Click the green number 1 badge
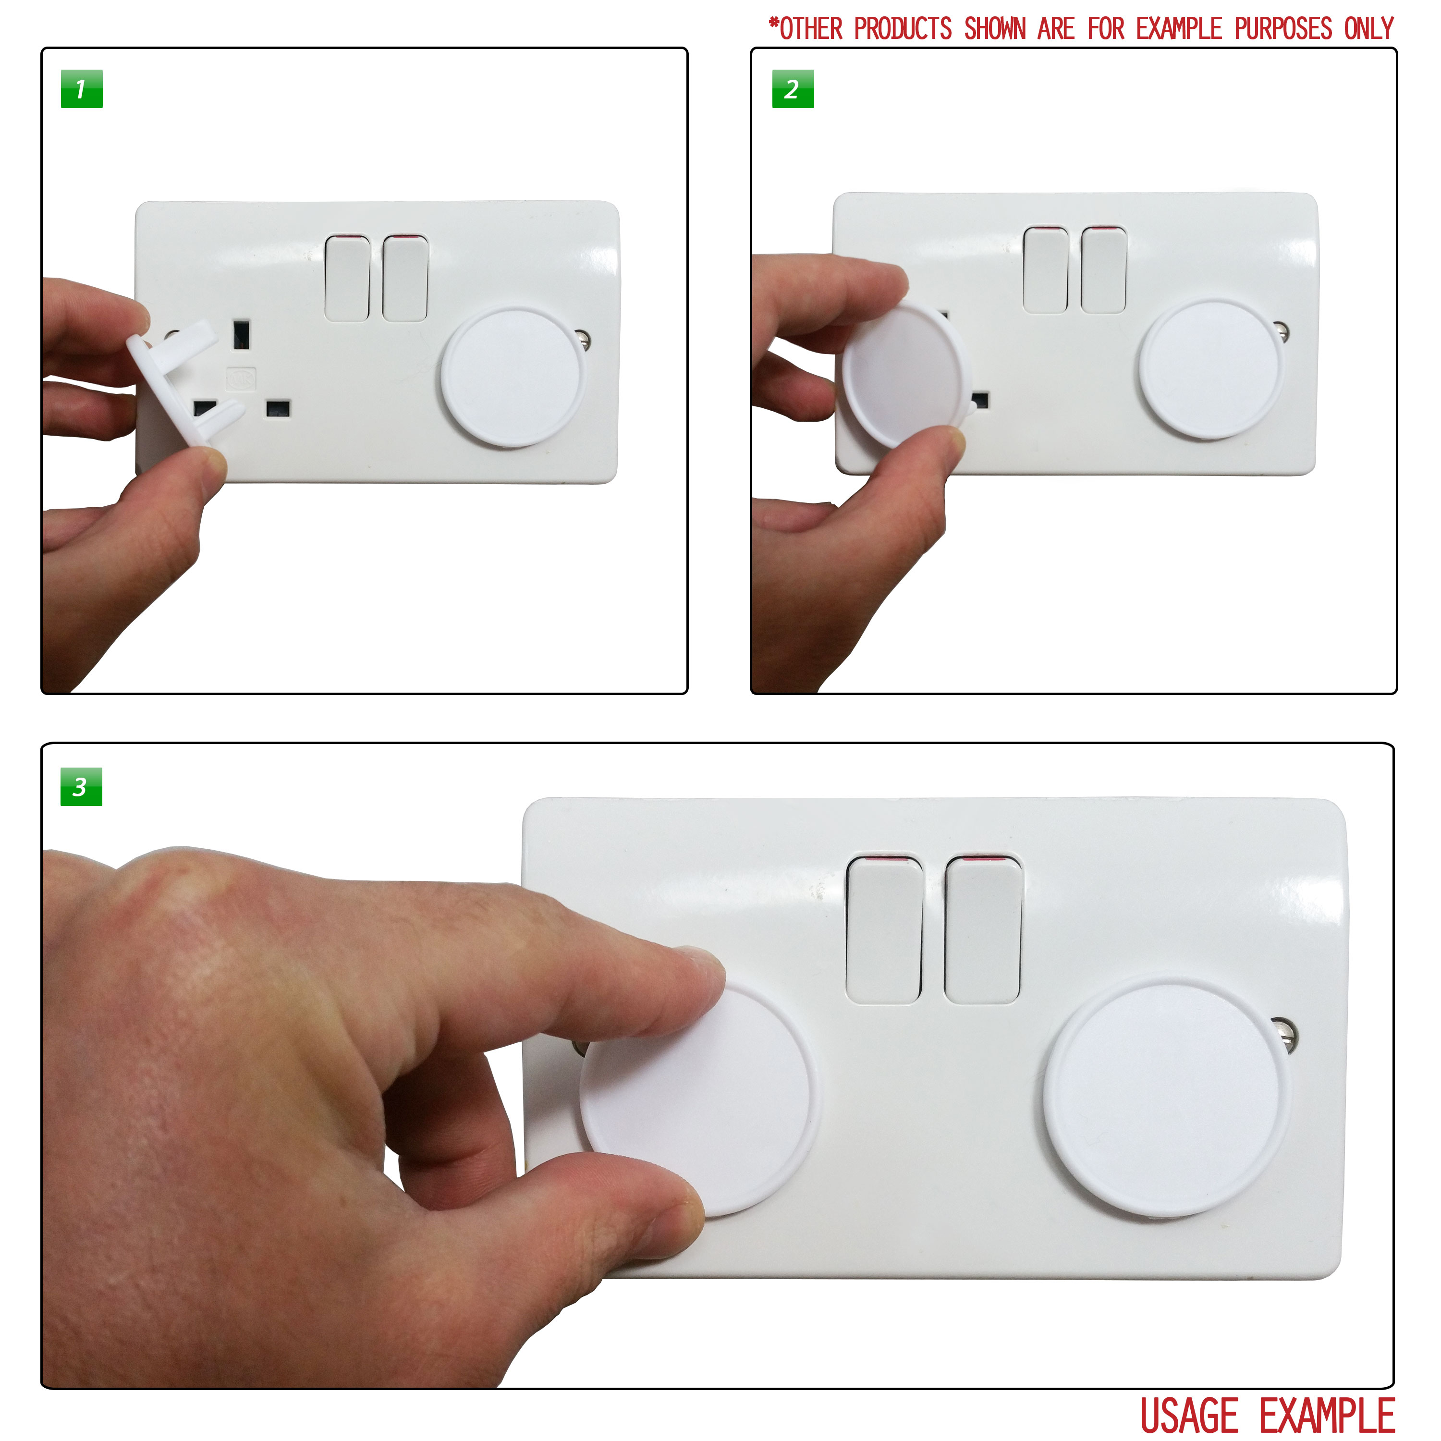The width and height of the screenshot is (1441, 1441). (x=81, y=89)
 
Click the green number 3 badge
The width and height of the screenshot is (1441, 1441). (x=81, y=787)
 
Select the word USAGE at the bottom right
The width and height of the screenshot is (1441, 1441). (x=1189, y=1415)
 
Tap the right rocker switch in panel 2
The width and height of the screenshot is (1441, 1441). (x=1103, y=270)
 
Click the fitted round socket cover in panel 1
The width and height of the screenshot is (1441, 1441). (x=513, y=377)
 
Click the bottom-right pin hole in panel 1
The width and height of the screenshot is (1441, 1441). (x=278, y=408)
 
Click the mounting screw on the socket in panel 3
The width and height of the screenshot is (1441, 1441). (x=1284, y=1035)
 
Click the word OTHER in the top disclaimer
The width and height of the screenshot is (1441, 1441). (x=810, y=29)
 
